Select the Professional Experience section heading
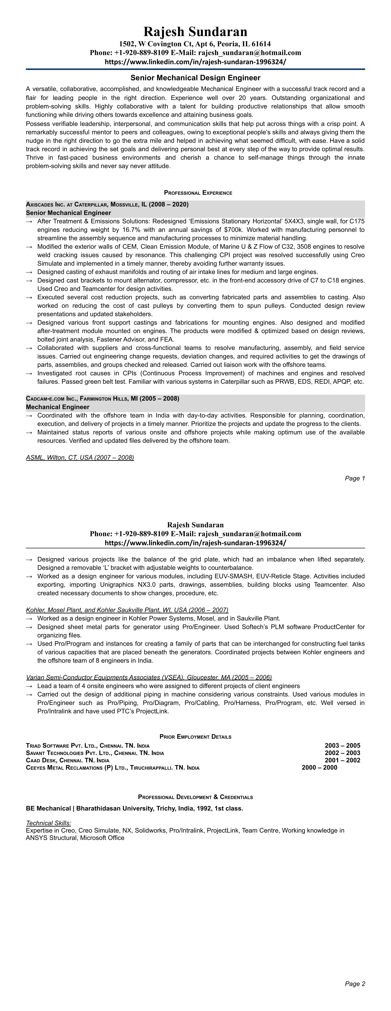click(x=198, y=193)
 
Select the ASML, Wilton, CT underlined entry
click(x=80, y=458)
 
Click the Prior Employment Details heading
click(x=195, y=737)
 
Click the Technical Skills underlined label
click(x=48, y=823)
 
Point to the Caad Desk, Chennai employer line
click(x=68, y=760)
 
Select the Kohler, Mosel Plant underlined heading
click(x=127, y=610)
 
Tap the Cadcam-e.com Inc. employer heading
click(x=102, y=399)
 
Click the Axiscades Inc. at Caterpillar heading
click(x=107, y=204)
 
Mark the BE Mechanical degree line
click(x=134, y=809)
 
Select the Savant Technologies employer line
click(x=95, y=753)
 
